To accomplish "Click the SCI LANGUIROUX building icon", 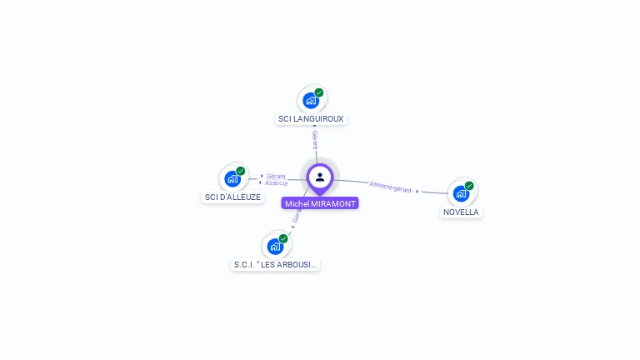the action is coord(311,101).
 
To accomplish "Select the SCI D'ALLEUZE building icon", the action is coord(232,179).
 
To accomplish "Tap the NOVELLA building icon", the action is coord(461,194).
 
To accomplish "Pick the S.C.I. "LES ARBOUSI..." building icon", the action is coord(275,247).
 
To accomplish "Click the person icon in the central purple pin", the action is coord(320,177).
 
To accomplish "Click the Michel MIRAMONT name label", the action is coord(320,203).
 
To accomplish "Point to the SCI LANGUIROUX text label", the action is coord(311,119).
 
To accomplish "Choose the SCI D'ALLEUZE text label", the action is coord(232,197).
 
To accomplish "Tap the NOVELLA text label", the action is coord(461,212).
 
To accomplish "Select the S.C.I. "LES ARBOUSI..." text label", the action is coord(275,265).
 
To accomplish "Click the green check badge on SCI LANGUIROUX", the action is coord(319,92).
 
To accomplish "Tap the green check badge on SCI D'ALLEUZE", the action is coord(241,171).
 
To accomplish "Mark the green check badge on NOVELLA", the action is coord(469,186).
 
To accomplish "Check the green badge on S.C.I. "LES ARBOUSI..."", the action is coord(283,238).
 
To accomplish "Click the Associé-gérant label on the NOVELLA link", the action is coord(390,186).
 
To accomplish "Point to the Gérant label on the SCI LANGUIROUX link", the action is coord(315,139).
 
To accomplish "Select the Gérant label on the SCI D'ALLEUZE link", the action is coord(276,176).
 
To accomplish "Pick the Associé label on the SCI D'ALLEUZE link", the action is coord(277,182).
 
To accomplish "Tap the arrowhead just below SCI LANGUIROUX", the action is coord(314,127).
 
